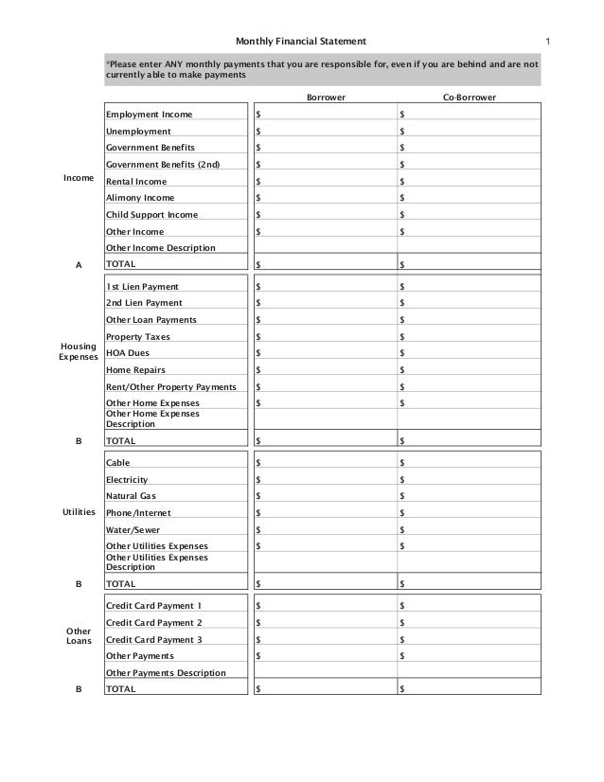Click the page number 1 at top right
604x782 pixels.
[548, 41]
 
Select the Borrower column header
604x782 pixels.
[325, 98]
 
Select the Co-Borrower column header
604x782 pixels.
[469, 98]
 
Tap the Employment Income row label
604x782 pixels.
[149, 115]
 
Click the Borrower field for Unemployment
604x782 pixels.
[325, 132]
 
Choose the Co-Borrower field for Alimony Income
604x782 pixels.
[469, 198]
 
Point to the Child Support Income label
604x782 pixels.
[151, 215]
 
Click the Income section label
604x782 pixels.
[79, 178]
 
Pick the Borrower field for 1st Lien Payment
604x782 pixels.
[325, 286]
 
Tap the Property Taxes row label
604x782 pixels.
[138, 337]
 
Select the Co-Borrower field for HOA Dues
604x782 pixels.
[469, 353]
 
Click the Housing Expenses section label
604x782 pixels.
[79, 352]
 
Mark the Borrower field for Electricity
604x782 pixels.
[325, 480]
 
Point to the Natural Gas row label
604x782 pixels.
[133, 496]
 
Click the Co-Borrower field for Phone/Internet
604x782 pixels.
[469, 513]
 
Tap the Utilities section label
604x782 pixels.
[79, 512]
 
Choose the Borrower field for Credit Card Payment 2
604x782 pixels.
[325, 623]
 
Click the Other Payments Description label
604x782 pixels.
[166, 673]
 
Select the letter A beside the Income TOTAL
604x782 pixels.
[79, 265]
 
